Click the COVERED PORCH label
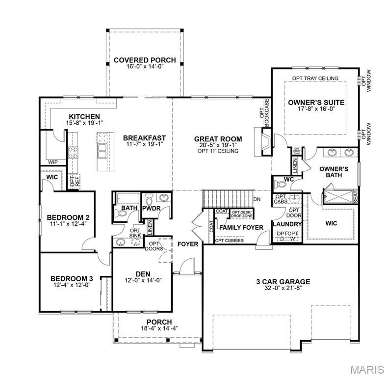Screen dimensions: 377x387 [x=145, y=60]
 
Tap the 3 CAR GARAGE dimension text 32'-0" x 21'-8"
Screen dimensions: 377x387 [x=283, y=289]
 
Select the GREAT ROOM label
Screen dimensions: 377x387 [x=218, y=139]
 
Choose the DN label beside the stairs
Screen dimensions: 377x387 [x=257, y=199]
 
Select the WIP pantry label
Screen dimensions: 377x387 [x=53, y=162]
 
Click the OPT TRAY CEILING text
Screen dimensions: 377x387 [x=315, y=79]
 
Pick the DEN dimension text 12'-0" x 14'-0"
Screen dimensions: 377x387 [x=143, y=280]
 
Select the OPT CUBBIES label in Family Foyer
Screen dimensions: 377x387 [x=229, y=241]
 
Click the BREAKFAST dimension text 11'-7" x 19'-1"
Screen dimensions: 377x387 [x=144, y=145]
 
